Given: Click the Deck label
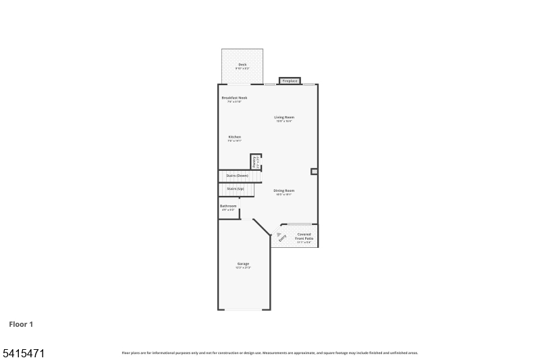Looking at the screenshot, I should pyautogui.click(x=242, y=65).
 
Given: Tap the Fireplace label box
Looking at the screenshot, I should pyautogui.click(x=290, y=81).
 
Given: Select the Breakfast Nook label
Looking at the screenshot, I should pyautogui.click(x=235, y=98).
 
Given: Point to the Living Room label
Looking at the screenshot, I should pyautogui.click(x=284, y=118).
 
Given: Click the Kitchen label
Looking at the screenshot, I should pyautogui.click(x=235, y=137).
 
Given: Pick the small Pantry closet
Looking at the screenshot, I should pyautogui.click(x=255, y=161).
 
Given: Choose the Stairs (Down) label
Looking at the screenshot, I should pyautogui.click(x=237, y=176).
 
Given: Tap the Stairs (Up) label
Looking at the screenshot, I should pyautogui.click(x=236, y=188).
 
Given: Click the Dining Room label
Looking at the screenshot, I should pyautogui.click(x=284, y=190).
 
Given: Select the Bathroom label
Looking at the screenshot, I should pyautogui.click(x=228, y=206).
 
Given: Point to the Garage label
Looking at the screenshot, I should pyautogui.click(x=243, y=263).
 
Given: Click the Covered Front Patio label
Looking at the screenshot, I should pyautogui.click(x=304, y=236).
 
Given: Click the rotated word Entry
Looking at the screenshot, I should pyautogui.click(x=283, y=238).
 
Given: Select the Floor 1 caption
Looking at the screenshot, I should pyautogui.click(x=21, y=324).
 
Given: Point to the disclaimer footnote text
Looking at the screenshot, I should pyautogui.click(x=270, y=353).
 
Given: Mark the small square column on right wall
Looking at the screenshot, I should pyautogui.click(x=314, y=172).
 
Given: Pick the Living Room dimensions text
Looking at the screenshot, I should pyautogui.click(x=284, y=122).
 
